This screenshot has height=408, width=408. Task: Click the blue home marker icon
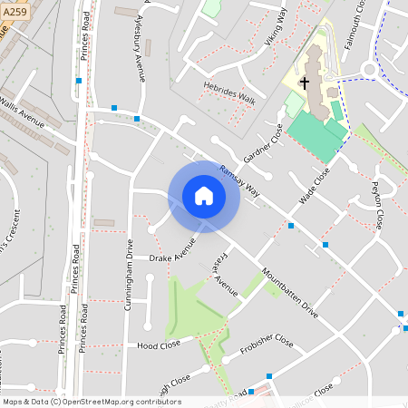pos(204,195)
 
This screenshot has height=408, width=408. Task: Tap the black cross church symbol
pos(305,83)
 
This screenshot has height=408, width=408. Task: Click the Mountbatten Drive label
pos(289,292)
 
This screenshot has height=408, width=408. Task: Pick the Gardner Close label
pos(263,140)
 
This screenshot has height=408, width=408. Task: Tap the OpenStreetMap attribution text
pos(92,402)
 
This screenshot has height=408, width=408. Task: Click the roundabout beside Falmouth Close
pos(370,70)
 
